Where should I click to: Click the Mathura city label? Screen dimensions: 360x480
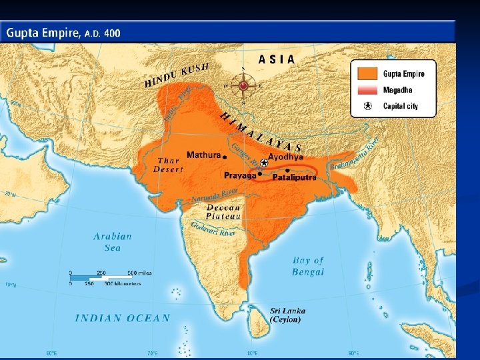coord(203,155)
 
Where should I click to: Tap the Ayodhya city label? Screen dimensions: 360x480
coord(285,157)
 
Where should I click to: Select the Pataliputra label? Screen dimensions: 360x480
coord(293,177)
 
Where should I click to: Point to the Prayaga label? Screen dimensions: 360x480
coord(240,175)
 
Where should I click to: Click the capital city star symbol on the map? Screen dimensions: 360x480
coord(264,163)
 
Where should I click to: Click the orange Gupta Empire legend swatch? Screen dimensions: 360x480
coord(367,74)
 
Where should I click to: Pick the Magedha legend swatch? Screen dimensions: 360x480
coord(367,90)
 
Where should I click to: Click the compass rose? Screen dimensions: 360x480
coord(243,85)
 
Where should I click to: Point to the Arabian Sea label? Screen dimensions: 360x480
coord(112,241)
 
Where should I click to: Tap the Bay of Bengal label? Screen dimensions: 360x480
coord(308,265)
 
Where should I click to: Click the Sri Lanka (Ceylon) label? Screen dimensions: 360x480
coord(285,315)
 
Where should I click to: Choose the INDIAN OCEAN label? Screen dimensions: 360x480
coord(122,318)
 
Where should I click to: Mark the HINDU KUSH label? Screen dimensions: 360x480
coord(177,75)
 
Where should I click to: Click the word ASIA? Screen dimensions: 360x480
coord(277,59)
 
